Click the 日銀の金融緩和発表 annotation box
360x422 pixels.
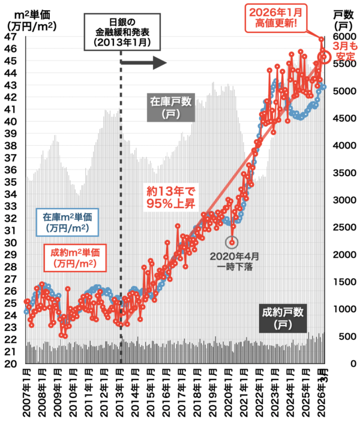[122, 32]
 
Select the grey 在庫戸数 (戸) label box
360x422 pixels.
[170, 107]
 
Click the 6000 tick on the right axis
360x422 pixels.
[341, 37]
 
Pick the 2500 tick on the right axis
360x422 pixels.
[341, 227]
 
